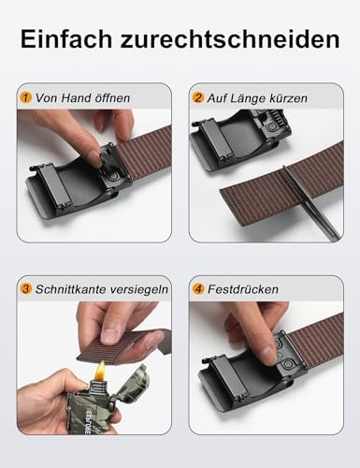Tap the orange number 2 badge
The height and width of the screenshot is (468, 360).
(199, 96)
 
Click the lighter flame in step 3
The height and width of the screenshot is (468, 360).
(98, 373)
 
